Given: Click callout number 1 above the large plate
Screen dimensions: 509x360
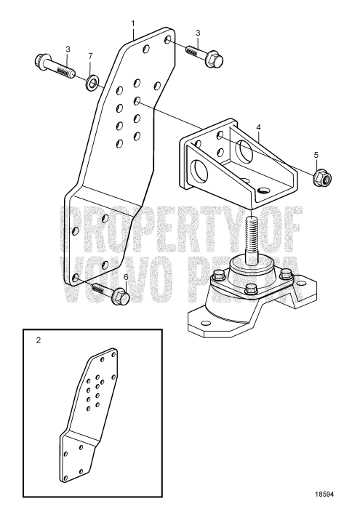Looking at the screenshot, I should (133, 23).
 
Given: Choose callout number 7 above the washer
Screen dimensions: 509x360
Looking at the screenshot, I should (89, 56).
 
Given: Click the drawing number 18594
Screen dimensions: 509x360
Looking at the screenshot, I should (324, 495).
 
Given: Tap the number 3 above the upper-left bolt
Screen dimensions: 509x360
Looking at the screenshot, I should (68, 49).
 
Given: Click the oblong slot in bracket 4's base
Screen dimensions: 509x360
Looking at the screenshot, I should (262, 189).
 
